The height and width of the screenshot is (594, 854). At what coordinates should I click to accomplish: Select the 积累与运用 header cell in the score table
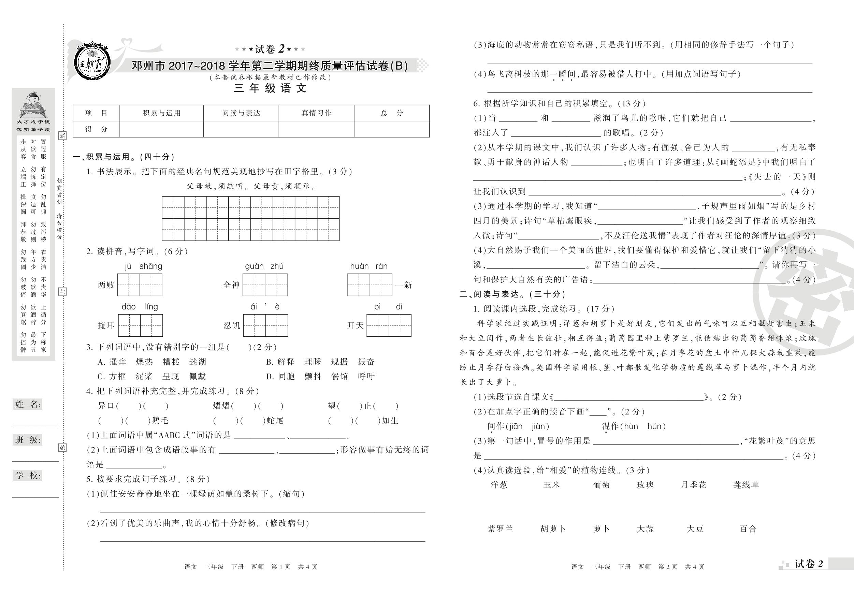[161, 113]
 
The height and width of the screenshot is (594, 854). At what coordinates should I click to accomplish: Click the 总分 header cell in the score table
[392, 113]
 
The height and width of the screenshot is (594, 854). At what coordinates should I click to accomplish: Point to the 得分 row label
[96, 129]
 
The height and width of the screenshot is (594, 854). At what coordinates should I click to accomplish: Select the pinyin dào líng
[140, 307]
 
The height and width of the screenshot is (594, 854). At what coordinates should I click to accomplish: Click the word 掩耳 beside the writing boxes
[106, 325]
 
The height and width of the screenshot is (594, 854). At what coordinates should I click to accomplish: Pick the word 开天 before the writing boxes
[355, 325]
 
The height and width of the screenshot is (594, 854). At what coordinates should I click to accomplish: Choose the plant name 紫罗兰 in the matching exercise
[500, 529]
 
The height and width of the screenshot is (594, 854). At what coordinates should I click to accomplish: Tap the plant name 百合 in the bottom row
[748, 529]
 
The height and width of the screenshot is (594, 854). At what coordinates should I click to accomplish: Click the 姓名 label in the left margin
[28, 405]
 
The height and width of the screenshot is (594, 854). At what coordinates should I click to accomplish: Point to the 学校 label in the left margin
[28, 475]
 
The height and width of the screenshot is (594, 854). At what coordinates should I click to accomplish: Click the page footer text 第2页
[668, 567]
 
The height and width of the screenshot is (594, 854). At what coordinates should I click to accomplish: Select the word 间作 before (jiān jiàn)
[495, 426]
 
